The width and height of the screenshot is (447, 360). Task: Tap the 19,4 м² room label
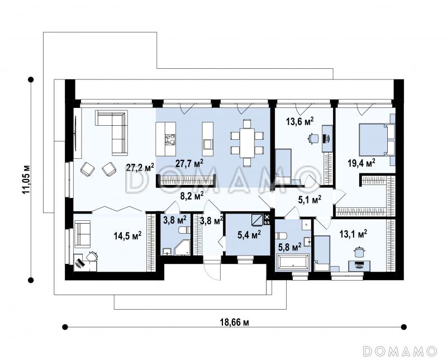[361, 163]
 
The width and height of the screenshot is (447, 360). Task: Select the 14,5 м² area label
[128, 236]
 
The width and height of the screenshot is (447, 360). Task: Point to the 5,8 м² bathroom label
[289, 247]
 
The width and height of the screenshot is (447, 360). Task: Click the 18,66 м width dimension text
[234, 323]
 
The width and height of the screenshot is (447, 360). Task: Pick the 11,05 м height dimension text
[26, 179]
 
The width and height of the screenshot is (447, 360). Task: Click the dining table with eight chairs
[247, 143]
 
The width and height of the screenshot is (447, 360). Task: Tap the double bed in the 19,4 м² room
[373, 140]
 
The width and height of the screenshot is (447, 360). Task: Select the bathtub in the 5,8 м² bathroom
[292, 262]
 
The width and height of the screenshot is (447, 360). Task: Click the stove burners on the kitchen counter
[170, 140]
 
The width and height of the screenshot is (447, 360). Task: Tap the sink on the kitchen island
[208, 144]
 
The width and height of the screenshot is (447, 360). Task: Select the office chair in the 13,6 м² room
[313, 138]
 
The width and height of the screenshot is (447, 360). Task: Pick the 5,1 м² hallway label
[310, 200]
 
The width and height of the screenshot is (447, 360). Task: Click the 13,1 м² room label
[353, 234]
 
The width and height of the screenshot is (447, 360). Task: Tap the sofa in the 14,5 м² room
[82, 234]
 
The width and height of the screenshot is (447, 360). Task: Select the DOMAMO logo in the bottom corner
[401, 350]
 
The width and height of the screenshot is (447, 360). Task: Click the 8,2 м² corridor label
[192, 196]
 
